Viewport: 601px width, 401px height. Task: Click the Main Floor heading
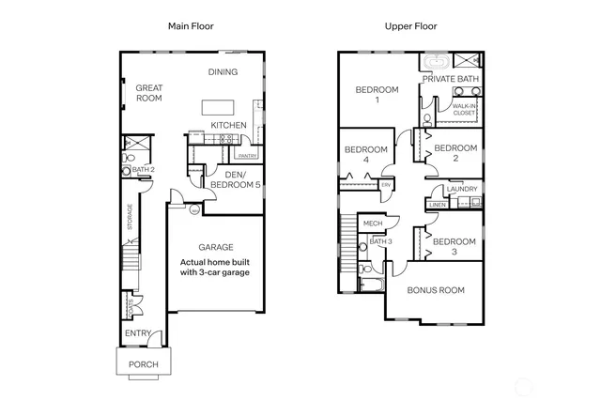tap(191, 25)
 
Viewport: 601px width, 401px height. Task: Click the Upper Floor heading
tap(410, 25)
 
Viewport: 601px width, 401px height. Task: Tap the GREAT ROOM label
tap(150, 91)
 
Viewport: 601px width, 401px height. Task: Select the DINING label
tap(223, 72)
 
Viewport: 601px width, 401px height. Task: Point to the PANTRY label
tap(247, 156)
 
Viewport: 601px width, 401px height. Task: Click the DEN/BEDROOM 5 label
tap(235, 179)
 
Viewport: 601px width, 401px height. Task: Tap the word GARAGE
tap(214, 247)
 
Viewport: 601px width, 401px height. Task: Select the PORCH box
tap(143, 363)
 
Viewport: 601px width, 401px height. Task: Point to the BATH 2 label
tap(143, 170)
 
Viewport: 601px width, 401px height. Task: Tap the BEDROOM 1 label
tap(377, 95)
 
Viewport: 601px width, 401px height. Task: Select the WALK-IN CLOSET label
tap(465, 111)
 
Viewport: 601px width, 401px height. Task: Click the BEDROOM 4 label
tap(366, 155)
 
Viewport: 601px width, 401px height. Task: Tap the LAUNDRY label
tap(463, 189)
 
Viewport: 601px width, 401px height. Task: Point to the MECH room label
tap(373, 224)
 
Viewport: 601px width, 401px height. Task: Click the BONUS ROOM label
tap(436, 290)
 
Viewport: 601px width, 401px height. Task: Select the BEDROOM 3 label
tap(455, 246)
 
